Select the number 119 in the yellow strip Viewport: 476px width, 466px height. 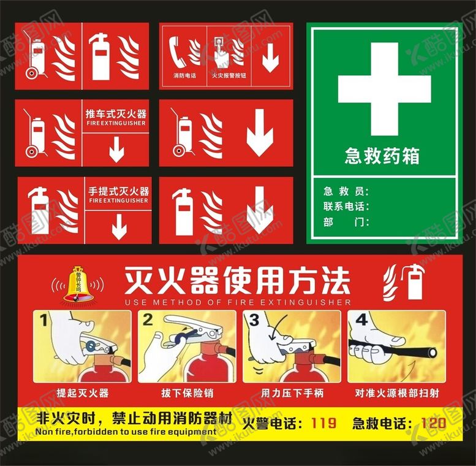323,422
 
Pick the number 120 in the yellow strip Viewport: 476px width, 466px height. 433,422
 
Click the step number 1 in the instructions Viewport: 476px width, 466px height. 43,320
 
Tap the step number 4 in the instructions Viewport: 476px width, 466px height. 361,320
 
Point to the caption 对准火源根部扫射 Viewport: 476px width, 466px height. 396,392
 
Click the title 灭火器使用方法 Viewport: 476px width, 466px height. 237,281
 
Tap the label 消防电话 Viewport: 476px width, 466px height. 184,76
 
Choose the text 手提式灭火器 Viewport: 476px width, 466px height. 119,191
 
